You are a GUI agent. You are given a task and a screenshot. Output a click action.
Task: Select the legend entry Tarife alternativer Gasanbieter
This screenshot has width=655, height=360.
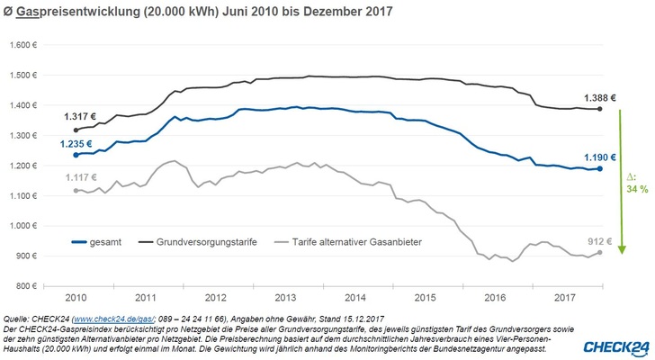tap(342, 241)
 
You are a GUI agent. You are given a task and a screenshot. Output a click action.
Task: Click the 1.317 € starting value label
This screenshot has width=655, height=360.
tap(79, 116)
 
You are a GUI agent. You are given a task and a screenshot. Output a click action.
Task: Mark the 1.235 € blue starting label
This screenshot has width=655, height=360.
tap(79, 143)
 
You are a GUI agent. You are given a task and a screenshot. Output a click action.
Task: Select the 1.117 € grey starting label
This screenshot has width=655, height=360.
tap(79, 177)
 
